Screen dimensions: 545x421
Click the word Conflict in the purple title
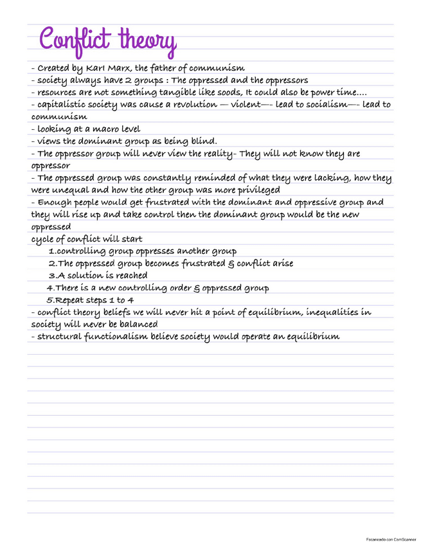pos(76,39)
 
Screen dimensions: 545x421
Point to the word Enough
pos(55,202)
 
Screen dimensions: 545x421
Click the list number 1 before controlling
pos(51,251)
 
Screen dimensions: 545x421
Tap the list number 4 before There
pos(49,288)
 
